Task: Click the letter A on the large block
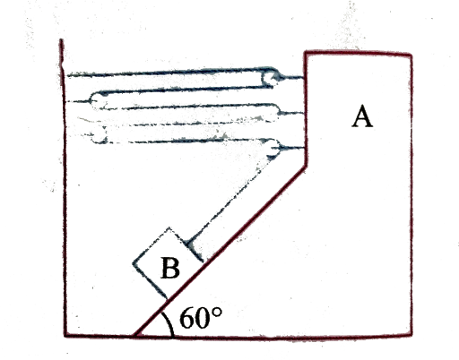362,116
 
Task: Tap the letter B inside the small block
170,268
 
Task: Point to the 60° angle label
201,318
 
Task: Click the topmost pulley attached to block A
270,78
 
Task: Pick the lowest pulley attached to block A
273,149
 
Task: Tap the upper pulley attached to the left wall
98,101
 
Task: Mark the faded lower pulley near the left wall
99,135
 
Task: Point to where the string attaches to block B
188,243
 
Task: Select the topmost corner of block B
169,228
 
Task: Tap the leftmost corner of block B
134,263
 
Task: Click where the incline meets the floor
134,336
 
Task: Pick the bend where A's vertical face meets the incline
305,166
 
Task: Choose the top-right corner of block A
411,55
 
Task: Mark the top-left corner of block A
306,53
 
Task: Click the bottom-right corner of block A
411,335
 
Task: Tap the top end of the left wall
61,39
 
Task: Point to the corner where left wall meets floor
65,336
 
